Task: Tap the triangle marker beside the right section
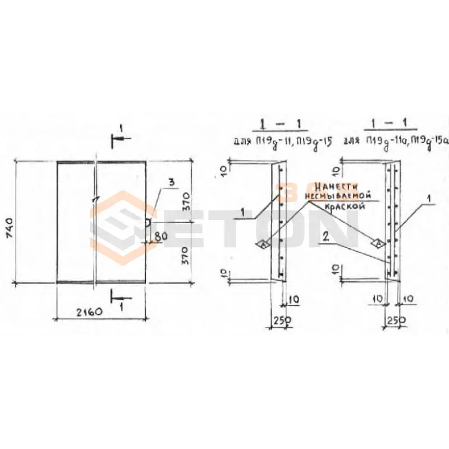coord(378,242)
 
